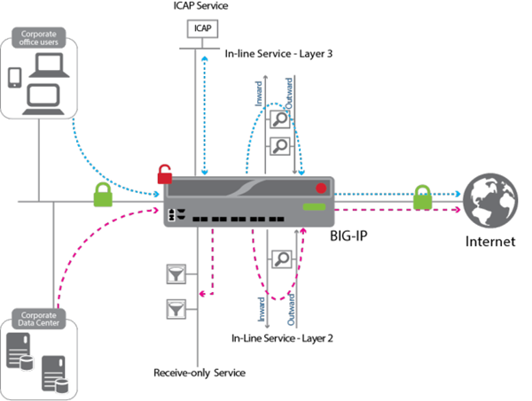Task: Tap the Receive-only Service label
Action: tap(199, 373)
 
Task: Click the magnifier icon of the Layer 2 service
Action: tap(282, 258)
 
